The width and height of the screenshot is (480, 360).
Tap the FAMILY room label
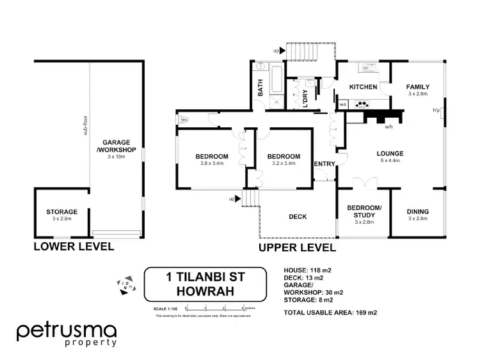click(x=418, y=87)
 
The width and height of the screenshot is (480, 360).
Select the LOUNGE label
click(x=389, y=153)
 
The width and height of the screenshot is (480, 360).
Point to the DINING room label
click(x=418, y=212)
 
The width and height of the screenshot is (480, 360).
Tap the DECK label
click(x=298, y=217)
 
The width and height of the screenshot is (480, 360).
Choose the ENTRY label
click(x=324, y=164)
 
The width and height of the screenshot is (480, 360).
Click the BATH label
click(x=260, y=88)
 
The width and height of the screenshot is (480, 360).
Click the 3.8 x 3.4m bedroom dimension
click(x=212, y=164)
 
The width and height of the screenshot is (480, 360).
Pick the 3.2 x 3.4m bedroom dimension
click(x=284, y=164)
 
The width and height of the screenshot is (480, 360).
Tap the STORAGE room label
click(x=61, y=212)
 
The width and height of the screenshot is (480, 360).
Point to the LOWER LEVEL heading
click(x=73, y=246)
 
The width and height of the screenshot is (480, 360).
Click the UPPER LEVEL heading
click(x=297, y=247)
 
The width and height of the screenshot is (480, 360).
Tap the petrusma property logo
click(x=67, y=334)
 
